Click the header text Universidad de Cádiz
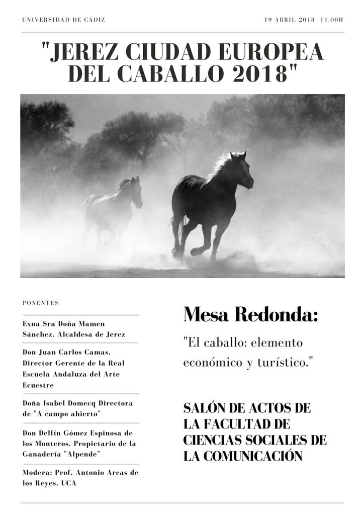pos(64,20)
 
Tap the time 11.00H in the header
pos(331,20)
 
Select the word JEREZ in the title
pos(84,52)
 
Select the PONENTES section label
pos(40,303)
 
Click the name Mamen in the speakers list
pos(91,324)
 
